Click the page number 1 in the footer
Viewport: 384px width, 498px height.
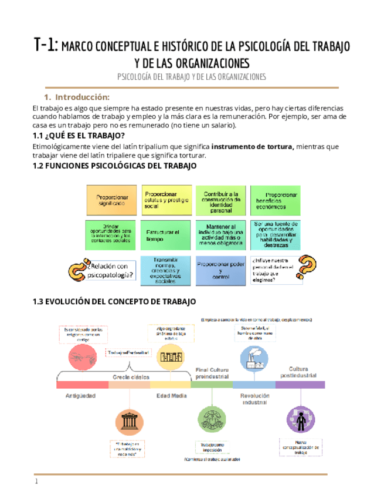coord(36,482)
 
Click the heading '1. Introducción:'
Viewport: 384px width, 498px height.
coord(77,97)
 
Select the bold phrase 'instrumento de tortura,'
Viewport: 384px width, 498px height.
coord(253,146)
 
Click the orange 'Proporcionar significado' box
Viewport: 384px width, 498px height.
coord(112,199)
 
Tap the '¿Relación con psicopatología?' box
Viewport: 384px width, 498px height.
coord(111,271)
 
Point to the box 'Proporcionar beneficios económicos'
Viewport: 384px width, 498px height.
coord(276,200)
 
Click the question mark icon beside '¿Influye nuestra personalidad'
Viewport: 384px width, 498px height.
coord(304,268)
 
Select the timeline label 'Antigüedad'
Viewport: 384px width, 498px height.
coord(80,396)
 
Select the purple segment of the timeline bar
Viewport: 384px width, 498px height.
coord(300,385)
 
